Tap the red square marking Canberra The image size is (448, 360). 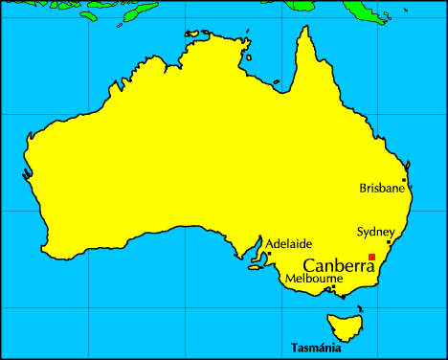point(371,257)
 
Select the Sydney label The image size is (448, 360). point(375,232)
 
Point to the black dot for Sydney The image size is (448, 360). point(388,242)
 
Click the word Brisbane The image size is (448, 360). point(382,189)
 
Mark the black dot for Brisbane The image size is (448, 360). point(404,179)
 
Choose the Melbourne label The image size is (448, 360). point(314,280)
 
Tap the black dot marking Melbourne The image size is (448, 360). point(332,286)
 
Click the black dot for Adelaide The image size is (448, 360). point(269,254)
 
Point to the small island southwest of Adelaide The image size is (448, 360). point(255,267)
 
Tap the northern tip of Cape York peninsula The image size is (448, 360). point(307,28)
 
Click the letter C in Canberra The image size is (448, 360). point(308,265)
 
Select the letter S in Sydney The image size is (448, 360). point(360,232)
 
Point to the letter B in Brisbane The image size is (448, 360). point(363,189)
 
